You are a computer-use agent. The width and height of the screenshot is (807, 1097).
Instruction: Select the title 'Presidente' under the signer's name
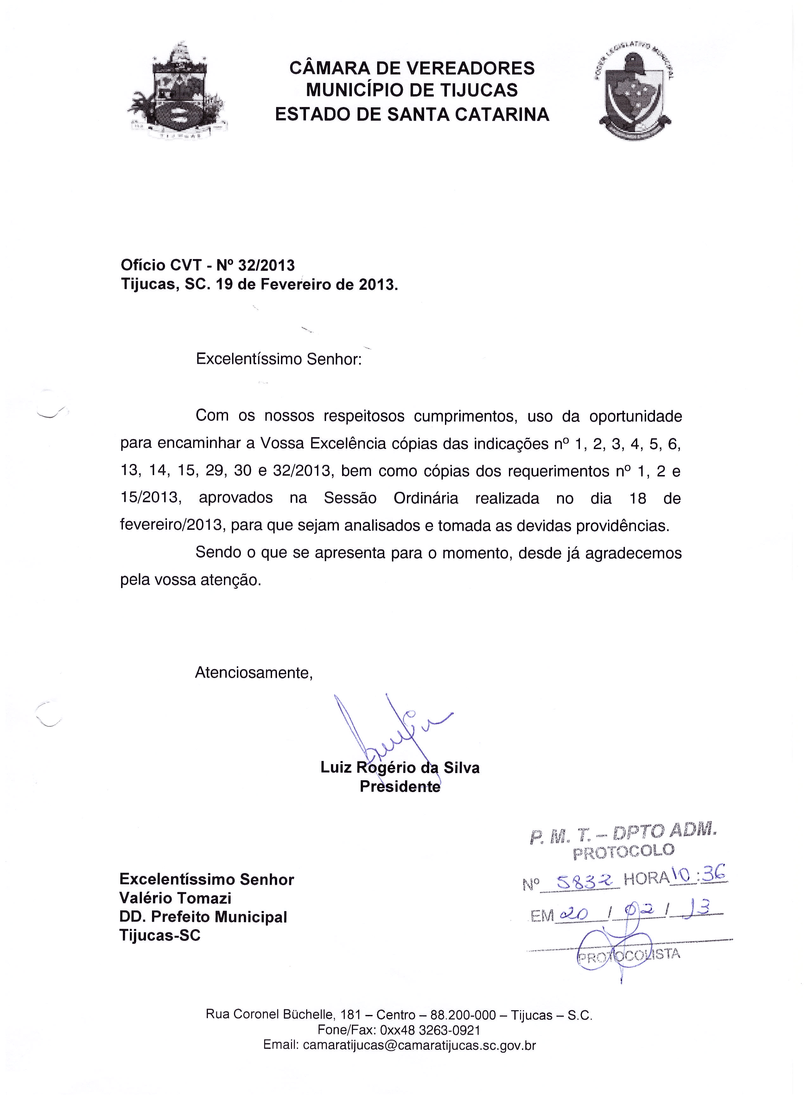pyautogui.click(x=400, y=787)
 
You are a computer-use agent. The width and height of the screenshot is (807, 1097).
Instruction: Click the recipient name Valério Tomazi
pyautogui.click(x=175, y=898)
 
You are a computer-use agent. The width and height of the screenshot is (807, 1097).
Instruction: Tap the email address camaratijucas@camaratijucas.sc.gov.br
pyautogui.click(x=419, y=1045)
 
